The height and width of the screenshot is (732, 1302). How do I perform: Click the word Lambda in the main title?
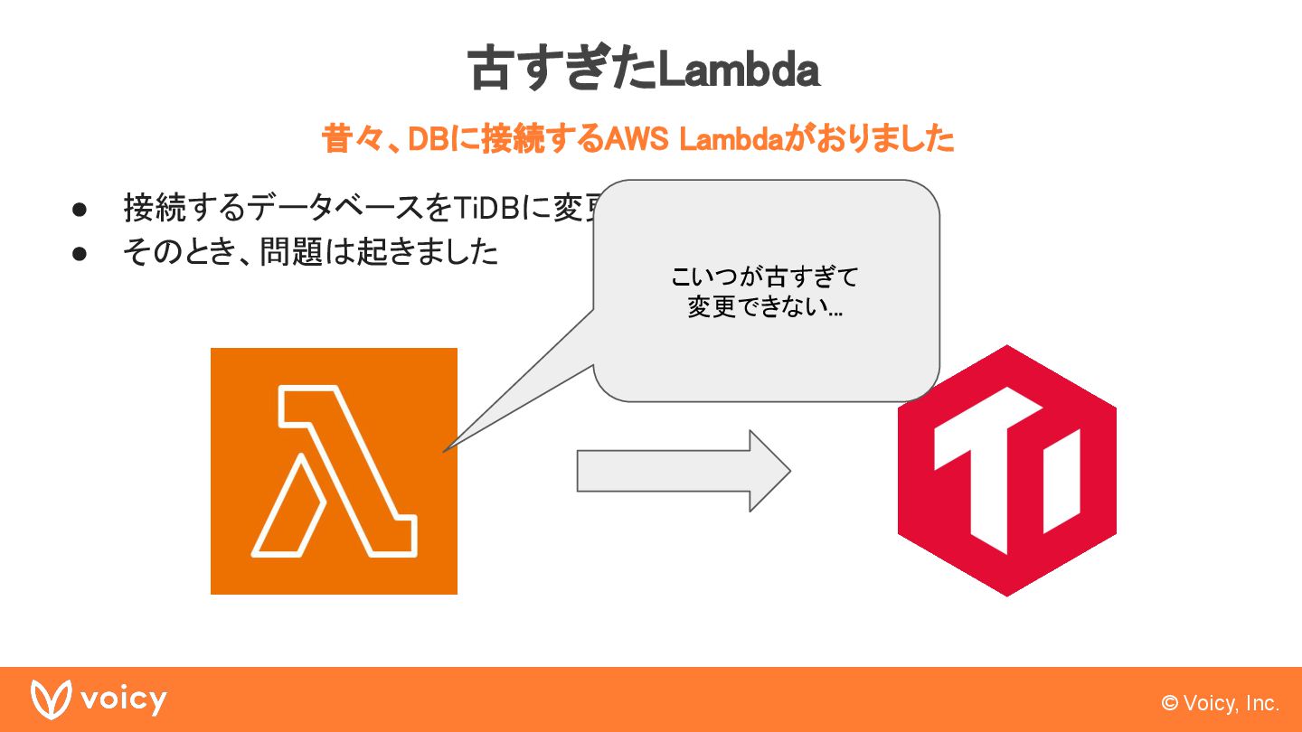(x=738, y=70)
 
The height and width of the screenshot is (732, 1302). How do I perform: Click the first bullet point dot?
(x=80, y=209)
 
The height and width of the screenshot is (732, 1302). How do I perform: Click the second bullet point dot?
(x=80, y=253)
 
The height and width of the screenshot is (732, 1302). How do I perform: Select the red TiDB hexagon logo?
(x=1006, y=470)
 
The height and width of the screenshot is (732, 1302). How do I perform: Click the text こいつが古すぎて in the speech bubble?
(x=765, y=276)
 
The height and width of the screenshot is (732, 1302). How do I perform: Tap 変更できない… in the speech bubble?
(x=765, y=307)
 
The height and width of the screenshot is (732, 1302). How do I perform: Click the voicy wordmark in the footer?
(x=123, y=699)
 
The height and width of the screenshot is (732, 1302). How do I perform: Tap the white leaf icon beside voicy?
(x=51, y=699)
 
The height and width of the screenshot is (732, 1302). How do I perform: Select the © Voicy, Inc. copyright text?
(x=1221, y=703)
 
